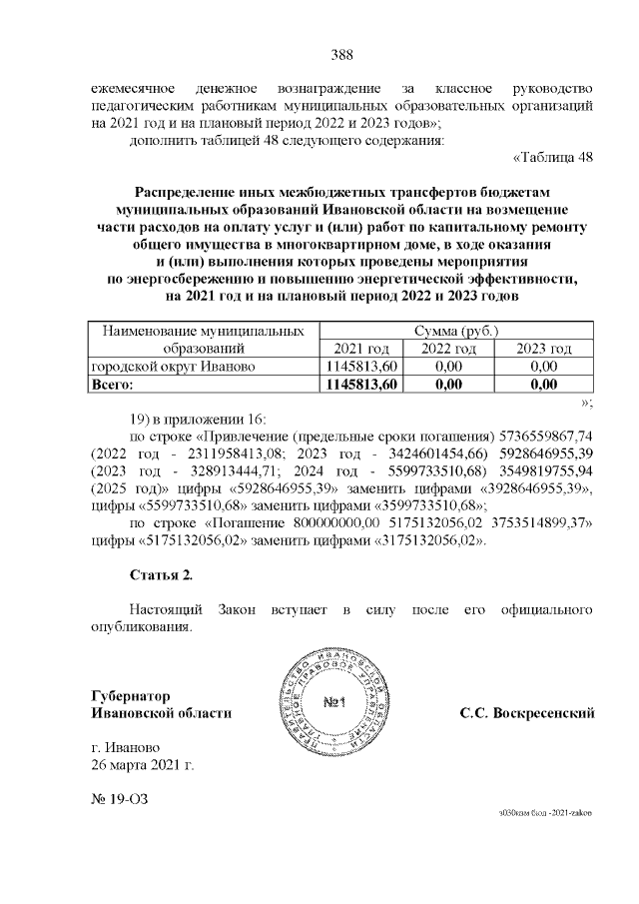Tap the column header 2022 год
tap(448, 348)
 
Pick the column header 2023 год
tap(543, 348)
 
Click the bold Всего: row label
tap(113, 384)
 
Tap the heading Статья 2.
tap(161, 574)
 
